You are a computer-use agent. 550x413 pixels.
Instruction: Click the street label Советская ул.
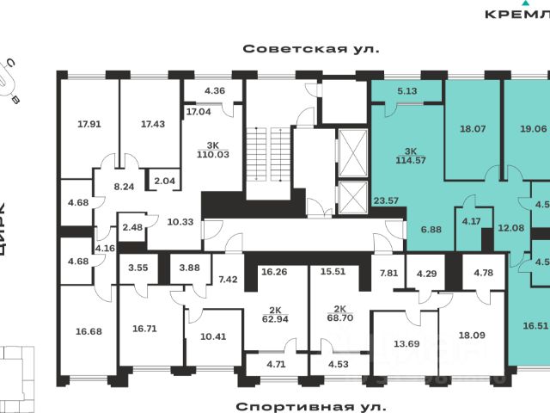310,50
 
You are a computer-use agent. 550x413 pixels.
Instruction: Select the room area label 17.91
89,124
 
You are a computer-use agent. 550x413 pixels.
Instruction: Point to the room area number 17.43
153,124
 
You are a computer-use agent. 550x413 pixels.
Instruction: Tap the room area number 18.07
473,129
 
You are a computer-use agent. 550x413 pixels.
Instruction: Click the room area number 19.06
533,129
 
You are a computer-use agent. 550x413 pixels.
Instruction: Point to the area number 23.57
386,202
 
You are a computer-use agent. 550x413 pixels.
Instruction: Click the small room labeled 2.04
162,180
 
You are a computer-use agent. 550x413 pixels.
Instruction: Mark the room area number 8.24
125,185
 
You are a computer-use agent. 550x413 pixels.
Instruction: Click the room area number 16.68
89,330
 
